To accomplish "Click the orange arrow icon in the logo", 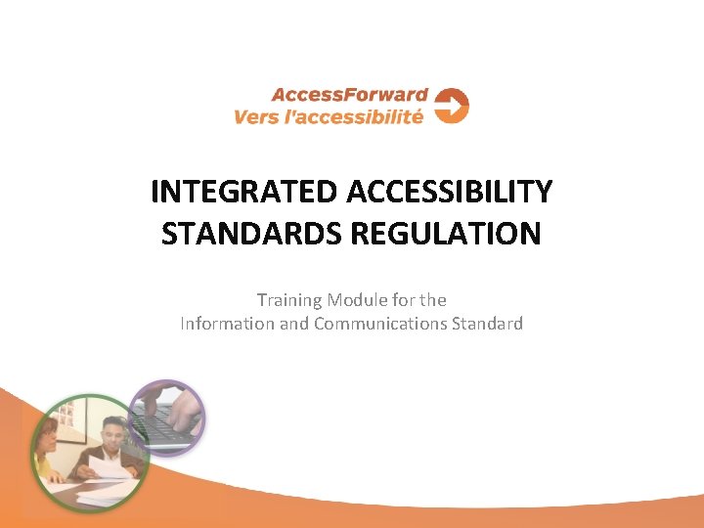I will [452, 106].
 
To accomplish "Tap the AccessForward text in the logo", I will [349, 95].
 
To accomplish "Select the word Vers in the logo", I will [256, 117].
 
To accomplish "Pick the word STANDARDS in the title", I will [236, 235].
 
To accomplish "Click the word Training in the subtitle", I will [289, 300].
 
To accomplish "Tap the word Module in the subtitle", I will [357, 300].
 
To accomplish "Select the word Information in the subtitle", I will [228, 324].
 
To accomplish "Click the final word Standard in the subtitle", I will [486, 324].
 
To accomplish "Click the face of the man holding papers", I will [113, 431].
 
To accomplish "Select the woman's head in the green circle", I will [48, 434].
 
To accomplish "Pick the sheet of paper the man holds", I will [109, 467].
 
